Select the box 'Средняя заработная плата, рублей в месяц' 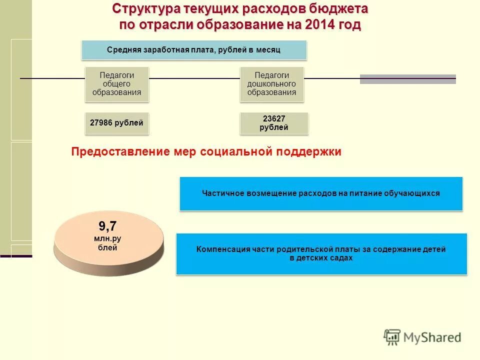pyautogui.click(x=194, y=50)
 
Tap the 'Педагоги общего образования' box pyautogui.click(x=117, y=83)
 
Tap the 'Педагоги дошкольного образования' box pyautogui.click(x=271, y=83)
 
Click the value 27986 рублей pyautogui.click(x=117, y=122)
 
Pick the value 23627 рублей pyautogui.click(x=274, y=123)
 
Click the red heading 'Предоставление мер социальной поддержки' pyautogui.click(x=206, y=152)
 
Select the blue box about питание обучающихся pyautogui.click(x=321, y=193)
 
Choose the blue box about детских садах pyautogui.click(x=321, y=253)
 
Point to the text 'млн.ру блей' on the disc pyautogui.click(x=107, y=243)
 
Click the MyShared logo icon pyautogui.click(x=392, y=336)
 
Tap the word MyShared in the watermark pyautogui.click(x=432, y=337)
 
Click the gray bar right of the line pyautogui.click(x=407, y=79)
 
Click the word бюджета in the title pyautogui.click(x=340, y=9)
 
